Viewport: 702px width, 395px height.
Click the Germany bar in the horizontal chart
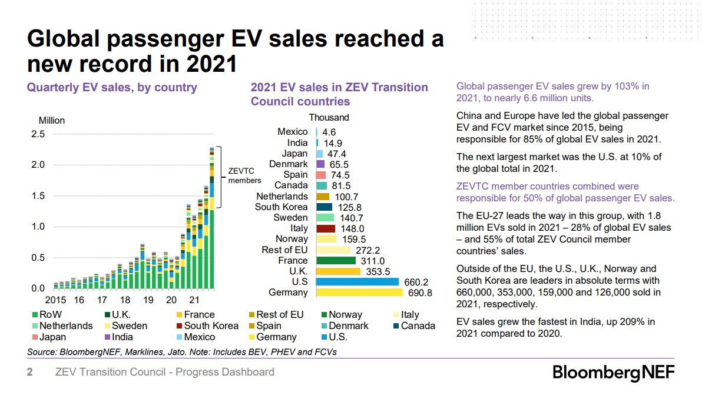click(x=359, y=293)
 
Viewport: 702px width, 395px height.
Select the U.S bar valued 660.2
click(x=357, y=282)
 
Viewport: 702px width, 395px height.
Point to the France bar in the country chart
click(x=336, y=261)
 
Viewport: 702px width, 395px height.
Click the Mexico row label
click(x=292, y=132)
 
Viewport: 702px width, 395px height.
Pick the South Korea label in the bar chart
click(x=281, y=207)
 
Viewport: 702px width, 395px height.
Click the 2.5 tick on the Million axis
click(x=38, y=134)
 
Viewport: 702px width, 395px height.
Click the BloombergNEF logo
click(x=613, y=373)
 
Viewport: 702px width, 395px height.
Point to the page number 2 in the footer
click(x=29, y=372)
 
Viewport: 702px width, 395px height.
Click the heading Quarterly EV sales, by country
click(x=112, y=88)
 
